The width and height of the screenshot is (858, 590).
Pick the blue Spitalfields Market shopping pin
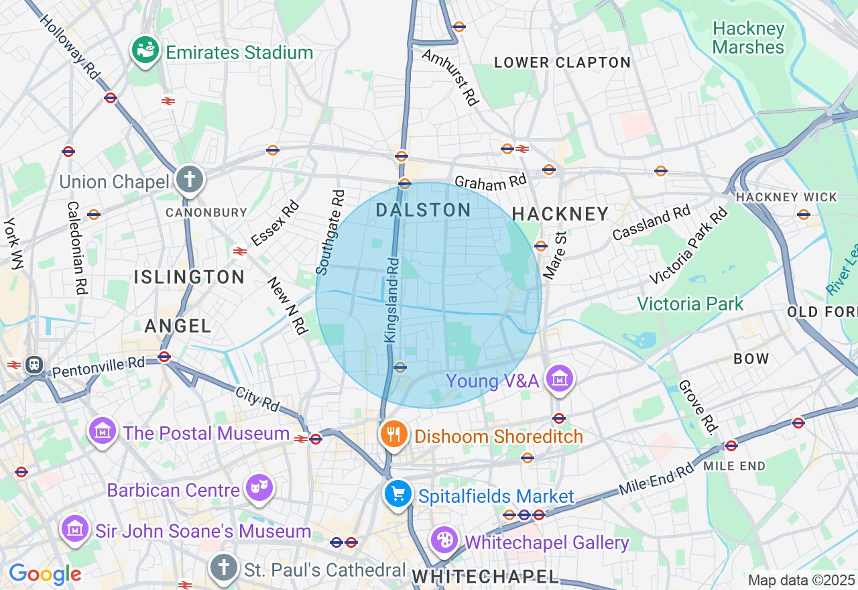(x=399, y=494)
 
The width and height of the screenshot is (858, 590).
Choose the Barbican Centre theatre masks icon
(x=259, y=488)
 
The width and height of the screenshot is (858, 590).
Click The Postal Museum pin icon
(x=103, y=431)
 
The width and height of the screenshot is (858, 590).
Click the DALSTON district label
(x=424, y=211)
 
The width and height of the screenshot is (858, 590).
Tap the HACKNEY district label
(x=560, y=215)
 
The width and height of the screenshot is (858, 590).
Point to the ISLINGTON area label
(x=189, y=277)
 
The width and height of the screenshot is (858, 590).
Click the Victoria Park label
(x=690, y=304)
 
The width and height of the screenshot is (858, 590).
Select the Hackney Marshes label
(x=748, y=38)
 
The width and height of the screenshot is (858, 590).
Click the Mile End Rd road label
(x=656, y=479)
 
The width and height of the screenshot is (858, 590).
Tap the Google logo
(x=45, y=574)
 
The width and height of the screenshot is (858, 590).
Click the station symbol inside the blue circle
(x=400, y=367)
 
